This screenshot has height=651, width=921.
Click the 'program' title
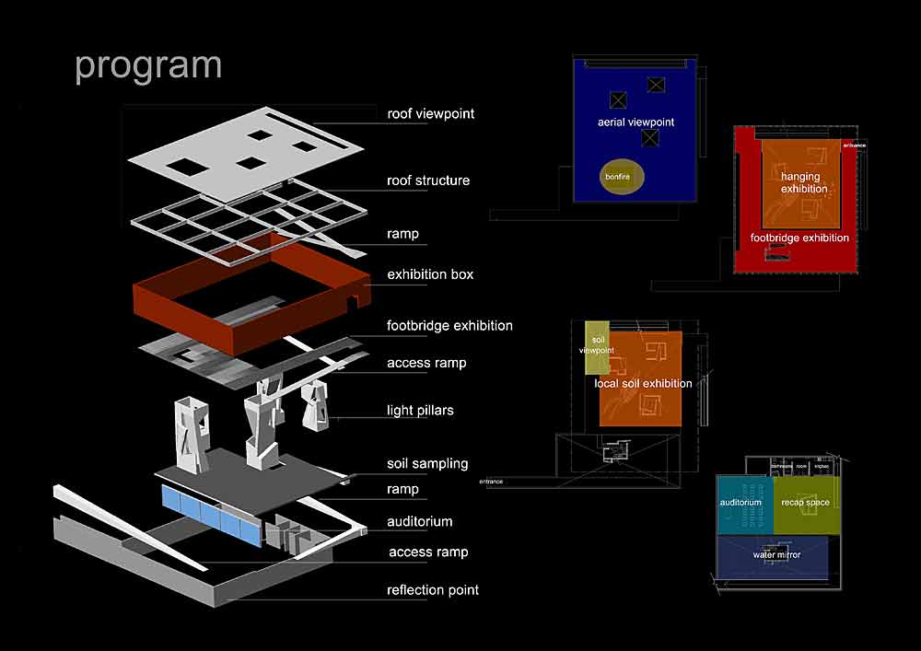point(148,66)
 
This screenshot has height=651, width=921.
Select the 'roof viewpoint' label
point(431,114)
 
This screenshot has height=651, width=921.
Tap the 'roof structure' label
point(428,180)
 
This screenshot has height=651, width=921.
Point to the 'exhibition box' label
point(431,274)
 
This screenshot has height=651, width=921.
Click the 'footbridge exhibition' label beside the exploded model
point(449,325)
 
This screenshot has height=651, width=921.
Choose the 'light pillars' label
point(420,410)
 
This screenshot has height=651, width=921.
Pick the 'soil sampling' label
point(427,463)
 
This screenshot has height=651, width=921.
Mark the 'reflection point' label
point(433,589)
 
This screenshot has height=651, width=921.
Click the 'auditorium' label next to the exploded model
point(420,521)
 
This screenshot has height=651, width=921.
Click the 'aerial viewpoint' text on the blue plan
point(635,122)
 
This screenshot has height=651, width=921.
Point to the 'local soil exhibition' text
point(643,383)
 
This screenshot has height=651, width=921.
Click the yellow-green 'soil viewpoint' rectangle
point(597,347)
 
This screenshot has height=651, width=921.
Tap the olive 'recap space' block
point(805,505)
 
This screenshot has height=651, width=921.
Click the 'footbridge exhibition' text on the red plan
point(799,238)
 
